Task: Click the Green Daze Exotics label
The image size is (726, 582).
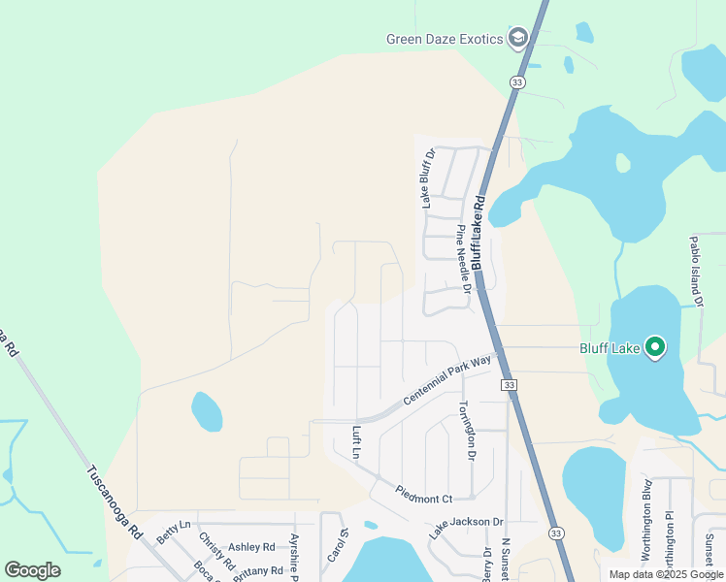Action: [x=445, y=39]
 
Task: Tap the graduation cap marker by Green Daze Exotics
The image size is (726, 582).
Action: [x=517, y=38]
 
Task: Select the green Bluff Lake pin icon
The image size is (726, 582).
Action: [x=655, y=346]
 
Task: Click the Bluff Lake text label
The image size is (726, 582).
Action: [x=610, y=347]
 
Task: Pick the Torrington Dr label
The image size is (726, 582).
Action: [x=466, y=431]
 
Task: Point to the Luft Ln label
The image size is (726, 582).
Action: [x=356, y=441]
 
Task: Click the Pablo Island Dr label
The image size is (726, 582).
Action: [x=695, y=272]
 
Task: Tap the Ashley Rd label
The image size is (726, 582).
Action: [x=251, y=547]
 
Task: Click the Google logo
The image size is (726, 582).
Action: [x=32, y=569]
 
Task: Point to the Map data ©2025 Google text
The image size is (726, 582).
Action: [x=665, y=574]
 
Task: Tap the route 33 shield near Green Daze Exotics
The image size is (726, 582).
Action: [x=516, y=83]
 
